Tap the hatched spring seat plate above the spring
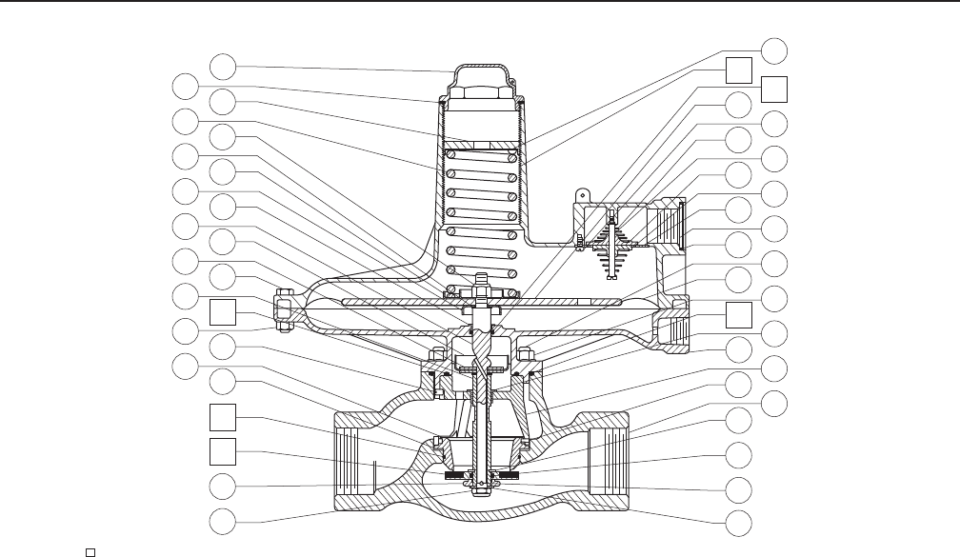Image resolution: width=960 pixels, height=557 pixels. [x=481, y=146]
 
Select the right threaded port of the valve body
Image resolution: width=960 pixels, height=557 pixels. [x=610, y=459]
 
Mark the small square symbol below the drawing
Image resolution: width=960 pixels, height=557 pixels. [x=87, y=551]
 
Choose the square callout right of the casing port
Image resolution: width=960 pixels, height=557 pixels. [x=737, y=315]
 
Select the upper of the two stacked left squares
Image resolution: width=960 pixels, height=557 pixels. [x=223, y=416]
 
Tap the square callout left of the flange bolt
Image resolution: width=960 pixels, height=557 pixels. [x=223, y=311]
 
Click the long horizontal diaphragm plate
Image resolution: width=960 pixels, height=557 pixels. [x=481, y=303]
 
